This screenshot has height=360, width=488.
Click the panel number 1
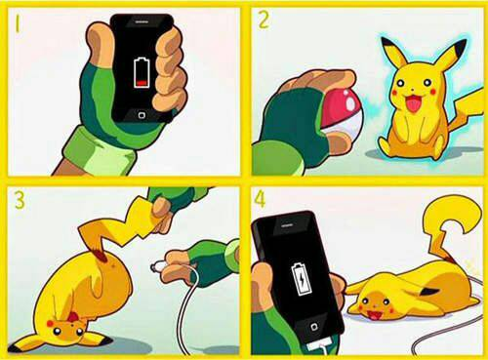tap(18, 24)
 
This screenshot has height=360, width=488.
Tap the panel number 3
tap(20, 200)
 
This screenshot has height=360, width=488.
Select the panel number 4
tap(260, 199)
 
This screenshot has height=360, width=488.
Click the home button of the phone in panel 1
tap(142, 115)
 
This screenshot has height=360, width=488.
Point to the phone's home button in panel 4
tap(314, 327)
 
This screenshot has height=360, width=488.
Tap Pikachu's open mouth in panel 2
tap(412, 101)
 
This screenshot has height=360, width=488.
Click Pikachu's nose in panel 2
tap(413, 89)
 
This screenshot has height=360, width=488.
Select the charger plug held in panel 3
tap(159, 267)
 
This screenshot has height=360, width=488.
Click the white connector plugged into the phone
tap(319, 345)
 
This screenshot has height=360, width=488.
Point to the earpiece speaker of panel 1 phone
tap(142, 21)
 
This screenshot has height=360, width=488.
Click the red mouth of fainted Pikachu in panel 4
tap(374, 314)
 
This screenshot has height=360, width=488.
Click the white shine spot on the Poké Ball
tap(350, 102)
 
